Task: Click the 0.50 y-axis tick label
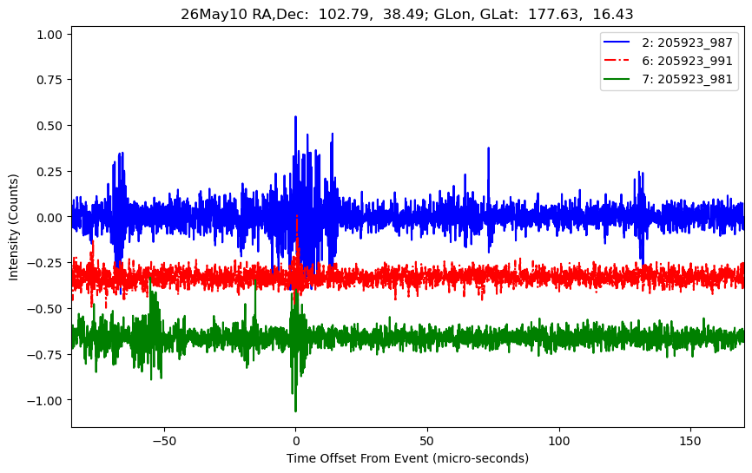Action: click(x=49, y=126)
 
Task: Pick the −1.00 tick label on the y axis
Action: click(x=45, y=401)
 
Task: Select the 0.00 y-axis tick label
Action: click(x=49, y=218)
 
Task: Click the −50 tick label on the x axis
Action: click(x=164, y=441)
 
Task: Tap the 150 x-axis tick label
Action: click(x=690, y=441)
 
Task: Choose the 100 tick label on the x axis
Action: click(x=558, y=441)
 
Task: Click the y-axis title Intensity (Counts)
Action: click(x=13, y=227)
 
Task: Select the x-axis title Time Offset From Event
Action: click(x=357, y=458)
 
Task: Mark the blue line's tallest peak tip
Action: click(x=295, y=116)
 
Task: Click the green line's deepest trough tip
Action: click(x=295, y=411)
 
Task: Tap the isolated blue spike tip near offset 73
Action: click(x=488, y=148)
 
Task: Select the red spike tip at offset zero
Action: click(x=297, y=216)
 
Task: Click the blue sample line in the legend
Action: click(x=617, y=43)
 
